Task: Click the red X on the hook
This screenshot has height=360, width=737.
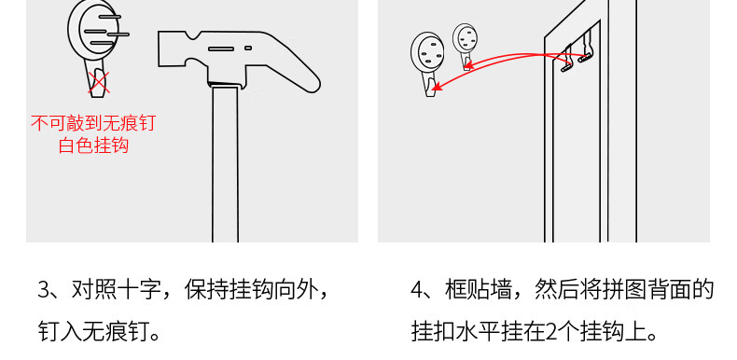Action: (99, 82)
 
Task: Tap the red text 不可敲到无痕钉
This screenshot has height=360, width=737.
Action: (93, 123)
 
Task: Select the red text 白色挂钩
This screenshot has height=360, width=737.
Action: (93, 145)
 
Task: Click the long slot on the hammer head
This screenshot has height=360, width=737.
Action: (221, 48)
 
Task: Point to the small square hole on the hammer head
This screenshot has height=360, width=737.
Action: (248, 48)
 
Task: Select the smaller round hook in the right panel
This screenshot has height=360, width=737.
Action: (466, 46)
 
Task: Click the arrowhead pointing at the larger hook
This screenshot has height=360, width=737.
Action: (437, 86)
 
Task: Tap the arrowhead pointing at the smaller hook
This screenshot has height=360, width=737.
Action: (469, 65)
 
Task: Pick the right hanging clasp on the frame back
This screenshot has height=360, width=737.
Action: (586, 47)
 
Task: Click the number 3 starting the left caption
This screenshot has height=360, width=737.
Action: (43, 290)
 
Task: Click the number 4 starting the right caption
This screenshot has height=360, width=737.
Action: (417, 290)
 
